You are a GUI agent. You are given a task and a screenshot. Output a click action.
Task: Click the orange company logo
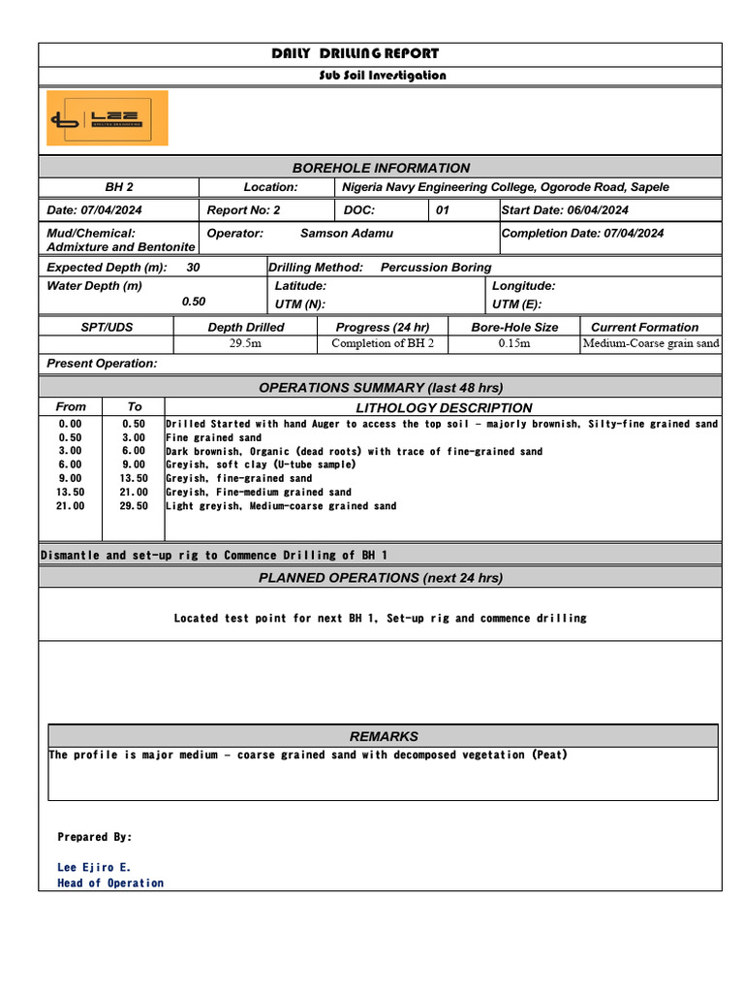[x=108, y=118]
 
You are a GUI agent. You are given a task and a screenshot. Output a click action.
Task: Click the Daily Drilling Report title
[x=355, y=54]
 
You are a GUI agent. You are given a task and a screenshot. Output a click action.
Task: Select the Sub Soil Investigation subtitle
[x=382, y=76]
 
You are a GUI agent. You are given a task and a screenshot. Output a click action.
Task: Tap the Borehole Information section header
[x=381, y=168]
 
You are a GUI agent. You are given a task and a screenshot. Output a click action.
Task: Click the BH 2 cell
[x=119, y=187]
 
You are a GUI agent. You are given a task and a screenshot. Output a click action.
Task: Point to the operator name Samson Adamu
[x=347, y=233]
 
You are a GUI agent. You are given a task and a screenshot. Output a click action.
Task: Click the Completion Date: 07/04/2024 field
[x=582, y=233]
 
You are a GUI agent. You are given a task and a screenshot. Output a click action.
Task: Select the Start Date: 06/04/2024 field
[x=565, y=210]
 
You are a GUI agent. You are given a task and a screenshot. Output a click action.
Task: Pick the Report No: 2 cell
[x=243, y=210]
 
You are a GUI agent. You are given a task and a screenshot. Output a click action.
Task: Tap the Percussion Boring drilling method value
[x=436, y=267]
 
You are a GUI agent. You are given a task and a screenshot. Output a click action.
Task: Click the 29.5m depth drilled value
[x=245, y=343]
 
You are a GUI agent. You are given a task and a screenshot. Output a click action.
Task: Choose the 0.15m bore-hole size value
[x=514, y=343]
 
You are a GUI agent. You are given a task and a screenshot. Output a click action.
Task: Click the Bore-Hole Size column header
[x=514, y=327]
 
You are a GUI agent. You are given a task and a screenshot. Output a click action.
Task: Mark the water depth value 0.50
[x=194, y=302]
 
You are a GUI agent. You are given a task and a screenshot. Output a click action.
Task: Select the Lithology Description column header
[x=444, y=408]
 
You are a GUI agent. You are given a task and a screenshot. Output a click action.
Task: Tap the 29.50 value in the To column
[x=134, y=505]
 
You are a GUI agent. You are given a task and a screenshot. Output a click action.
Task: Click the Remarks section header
[x=384, y=736]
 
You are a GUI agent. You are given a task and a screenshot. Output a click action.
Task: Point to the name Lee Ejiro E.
[x=94, y=867]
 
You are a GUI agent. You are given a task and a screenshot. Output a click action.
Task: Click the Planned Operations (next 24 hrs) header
[x=381, y=578]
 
